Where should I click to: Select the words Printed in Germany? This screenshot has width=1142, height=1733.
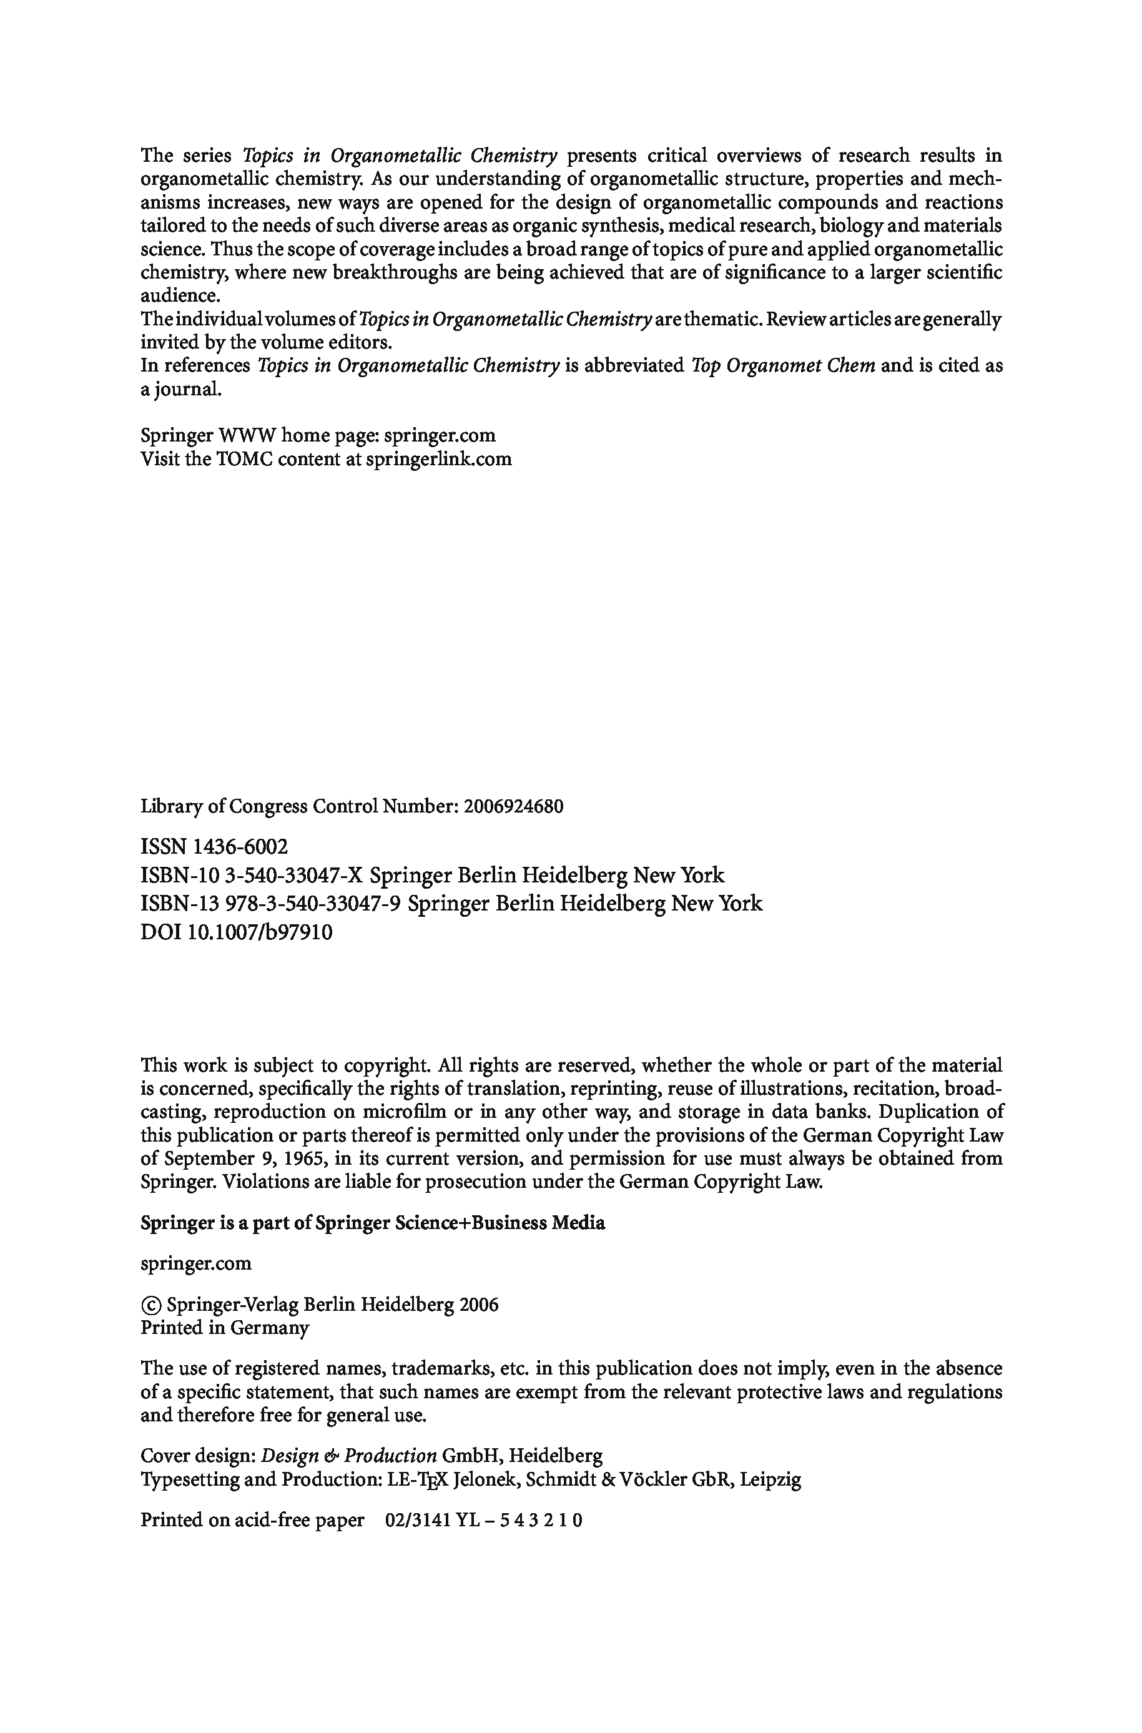(224, 1327)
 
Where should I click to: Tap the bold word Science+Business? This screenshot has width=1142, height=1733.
(469, 1222)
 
